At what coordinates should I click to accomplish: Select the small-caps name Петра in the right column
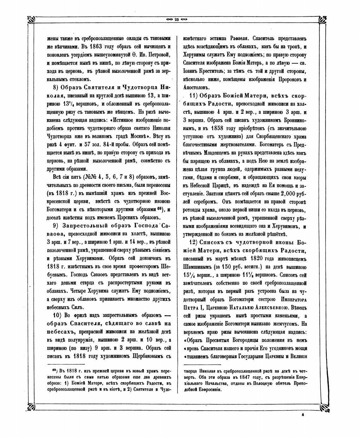click(191, 307)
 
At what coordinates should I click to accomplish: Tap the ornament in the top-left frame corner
click(32, 20)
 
